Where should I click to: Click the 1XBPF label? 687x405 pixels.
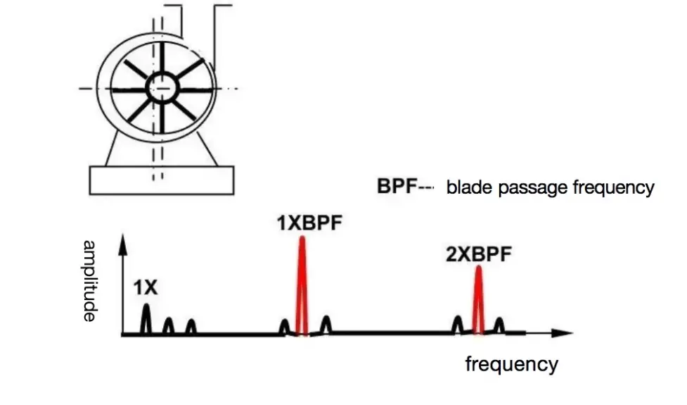point(301,224)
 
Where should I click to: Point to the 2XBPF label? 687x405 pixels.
point(478,254)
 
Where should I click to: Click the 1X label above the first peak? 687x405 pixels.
point(146,287)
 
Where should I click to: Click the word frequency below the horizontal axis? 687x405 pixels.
point(511,364)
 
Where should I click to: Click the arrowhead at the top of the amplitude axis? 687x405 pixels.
point(123,242)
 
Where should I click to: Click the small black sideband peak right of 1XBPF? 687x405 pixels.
point(326,324)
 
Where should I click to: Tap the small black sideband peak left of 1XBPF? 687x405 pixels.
point(284,326)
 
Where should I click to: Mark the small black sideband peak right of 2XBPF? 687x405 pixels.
point(499,325)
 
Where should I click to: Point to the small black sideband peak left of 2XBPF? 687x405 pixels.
point(457,323)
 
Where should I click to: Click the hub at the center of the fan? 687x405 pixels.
point(163,87)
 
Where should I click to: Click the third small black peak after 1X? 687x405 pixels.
point(191,326)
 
